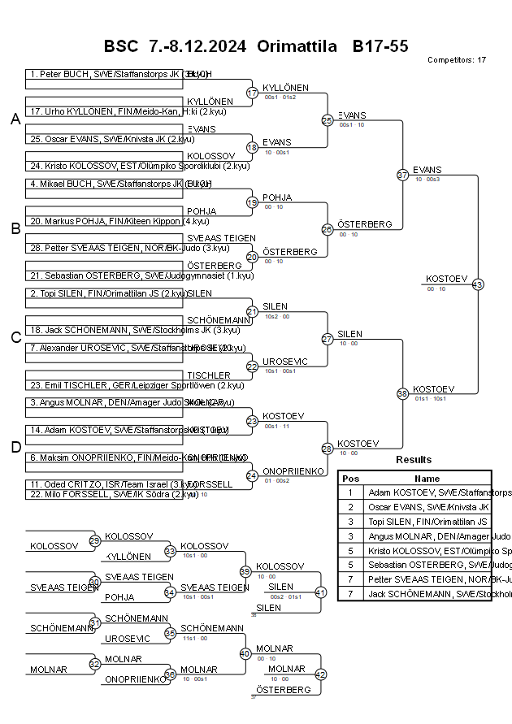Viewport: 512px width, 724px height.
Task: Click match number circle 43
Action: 478,284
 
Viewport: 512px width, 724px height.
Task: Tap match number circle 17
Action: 252,93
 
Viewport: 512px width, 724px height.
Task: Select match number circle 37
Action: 402,175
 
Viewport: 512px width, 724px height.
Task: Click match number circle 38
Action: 402,393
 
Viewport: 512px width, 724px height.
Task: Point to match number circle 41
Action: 320,592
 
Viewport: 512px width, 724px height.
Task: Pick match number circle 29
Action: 94,541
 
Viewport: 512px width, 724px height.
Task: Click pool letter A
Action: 15,120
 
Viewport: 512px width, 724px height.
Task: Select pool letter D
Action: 15,447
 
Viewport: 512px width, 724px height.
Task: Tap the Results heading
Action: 414,460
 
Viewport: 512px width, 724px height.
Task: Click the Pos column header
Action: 350,479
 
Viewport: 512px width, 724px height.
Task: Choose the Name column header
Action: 427,479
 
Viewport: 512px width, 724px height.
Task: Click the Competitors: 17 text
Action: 457,60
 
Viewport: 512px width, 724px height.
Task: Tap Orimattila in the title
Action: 297,46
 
